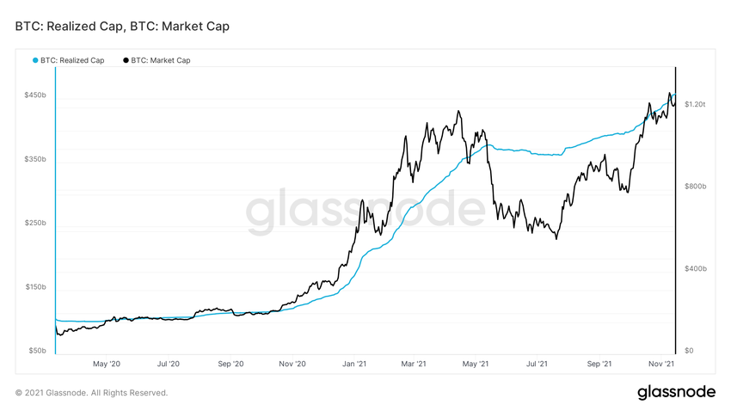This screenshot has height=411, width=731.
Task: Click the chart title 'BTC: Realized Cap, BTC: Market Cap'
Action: (x=122, y=27)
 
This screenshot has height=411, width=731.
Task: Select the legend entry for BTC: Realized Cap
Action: (x=72, y=60)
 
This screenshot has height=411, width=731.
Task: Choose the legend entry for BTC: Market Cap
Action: (x=160, y=60)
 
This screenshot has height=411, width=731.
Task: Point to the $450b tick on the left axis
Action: (x=35, y=95)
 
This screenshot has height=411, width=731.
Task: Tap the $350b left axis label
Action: (x=35, y=159)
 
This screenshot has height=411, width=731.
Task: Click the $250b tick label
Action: (x=35, y=224)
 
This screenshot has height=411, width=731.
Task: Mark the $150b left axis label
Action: (x=35, y=287)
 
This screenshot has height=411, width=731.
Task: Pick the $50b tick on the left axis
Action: (x=37, y=351)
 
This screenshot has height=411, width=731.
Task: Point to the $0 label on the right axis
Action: (x=689, y=351)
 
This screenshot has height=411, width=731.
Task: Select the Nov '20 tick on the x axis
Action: (x=292, y=364)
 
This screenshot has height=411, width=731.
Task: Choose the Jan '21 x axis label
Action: (x=355, y=364)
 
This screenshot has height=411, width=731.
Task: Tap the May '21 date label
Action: (x=478, y=364)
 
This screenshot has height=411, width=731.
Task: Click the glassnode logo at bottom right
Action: (x=676, y=392)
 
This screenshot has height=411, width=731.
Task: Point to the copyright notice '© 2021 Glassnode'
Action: (x=91, y=393)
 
